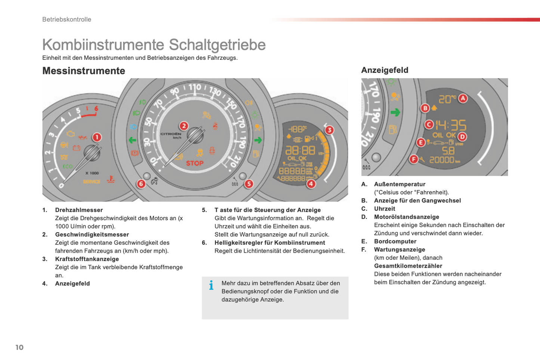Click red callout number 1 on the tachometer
pos(97,137)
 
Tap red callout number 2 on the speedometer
pos(183,126)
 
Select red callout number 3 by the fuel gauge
pos(329,130)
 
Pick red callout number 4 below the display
pos(311,184)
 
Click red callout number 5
pos(249,184)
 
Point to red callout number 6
pos(141,184)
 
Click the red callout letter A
pos(463,98)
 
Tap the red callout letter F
pos(413,159)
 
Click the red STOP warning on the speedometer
pos(195,163)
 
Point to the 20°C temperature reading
pos(447,99)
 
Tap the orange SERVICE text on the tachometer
pos(92,182)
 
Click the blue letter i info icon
pos(212,285)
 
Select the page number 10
pos(19,347)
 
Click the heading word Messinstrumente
pos(84,71)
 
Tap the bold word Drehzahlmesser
pos(79,210)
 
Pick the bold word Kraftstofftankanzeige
pos(87,259)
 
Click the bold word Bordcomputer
pos(395,241)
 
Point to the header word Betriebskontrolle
pos(67,19)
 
